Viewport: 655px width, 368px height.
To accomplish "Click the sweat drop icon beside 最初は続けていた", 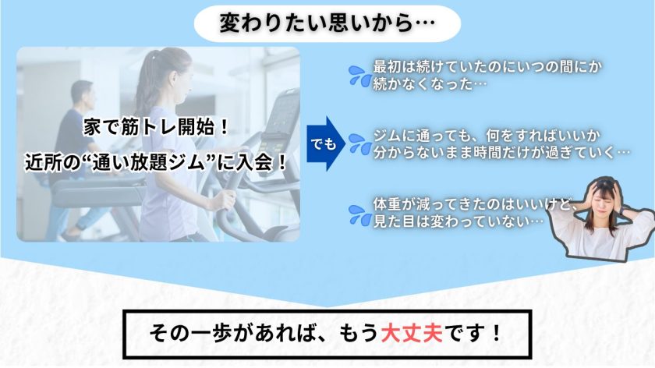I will [x=360, y=75].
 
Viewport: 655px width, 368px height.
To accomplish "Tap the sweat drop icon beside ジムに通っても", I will [x=360, y=143].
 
